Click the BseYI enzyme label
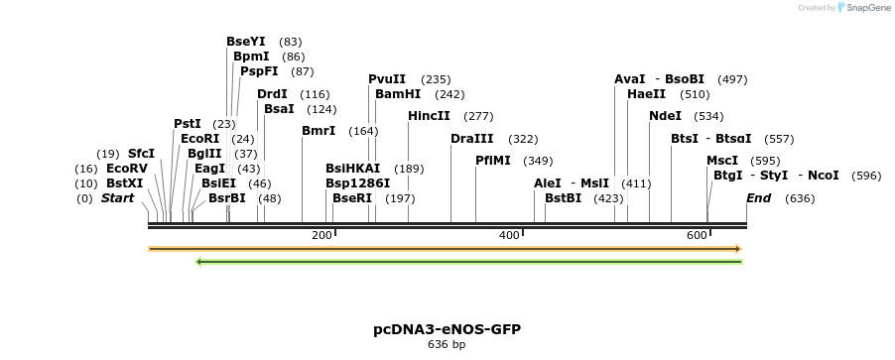[246, 42]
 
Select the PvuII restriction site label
[387, 79]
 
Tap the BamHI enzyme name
[398, 94]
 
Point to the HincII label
[429, 116]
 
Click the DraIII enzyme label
[471, 139]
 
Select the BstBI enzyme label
[563, 198]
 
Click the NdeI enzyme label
[665, 116]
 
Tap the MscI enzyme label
[722, 161]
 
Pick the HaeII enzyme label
[647, 94]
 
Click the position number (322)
[523, 139]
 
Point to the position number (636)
[800, 198]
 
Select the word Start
[117, 198]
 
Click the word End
[759, 198]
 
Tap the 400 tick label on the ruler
[509, 235]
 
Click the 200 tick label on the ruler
[321, 235]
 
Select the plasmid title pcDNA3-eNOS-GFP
[447, 329]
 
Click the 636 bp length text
[447, 345]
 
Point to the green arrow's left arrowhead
[200, 262]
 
